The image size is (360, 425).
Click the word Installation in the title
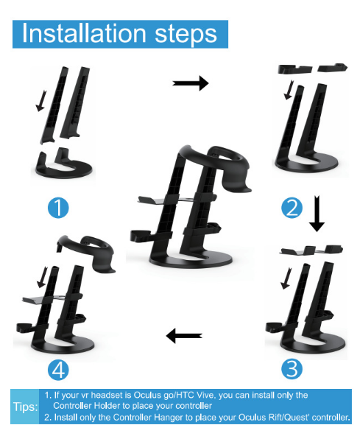(84, 33)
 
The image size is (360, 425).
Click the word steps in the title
(186, 35)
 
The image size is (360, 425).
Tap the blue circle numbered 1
(58, 208)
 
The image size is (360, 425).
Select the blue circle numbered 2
(292, 208)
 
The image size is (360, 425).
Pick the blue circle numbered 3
(292, 369)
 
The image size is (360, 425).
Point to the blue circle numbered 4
(58, 370)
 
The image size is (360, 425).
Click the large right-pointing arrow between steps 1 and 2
(191, 83)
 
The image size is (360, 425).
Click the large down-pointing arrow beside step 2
(317, 214)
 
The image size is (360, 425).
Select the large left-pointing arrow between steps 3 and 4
(184, 336)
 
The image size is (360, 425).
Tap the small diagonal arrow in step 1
(41, 101)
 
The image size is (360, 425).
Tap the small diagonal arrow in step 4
(42, 277)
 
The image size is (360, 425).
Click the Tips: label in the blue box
(26, 407)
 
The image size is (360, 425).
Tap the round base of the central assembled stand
(191, 261)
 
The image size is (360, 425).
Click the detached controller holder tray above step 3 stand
(311, 250)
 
